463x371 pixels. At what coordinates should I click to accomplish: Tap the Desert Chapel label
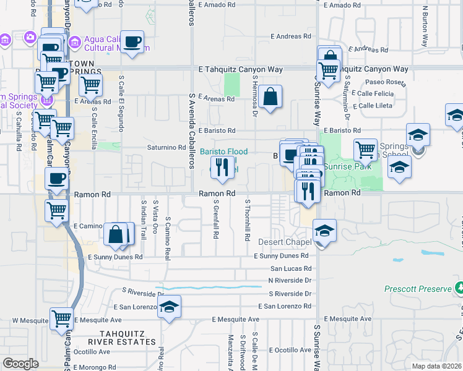[284, 242]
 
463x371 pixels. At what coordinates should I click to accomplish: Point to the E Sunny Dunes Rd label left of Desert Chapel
[281, 256]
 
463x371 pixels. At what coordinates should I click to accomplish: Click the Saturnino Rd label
[166, 148]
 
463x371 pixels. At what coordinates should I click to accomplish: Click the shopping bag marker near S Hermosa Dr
[270, 96]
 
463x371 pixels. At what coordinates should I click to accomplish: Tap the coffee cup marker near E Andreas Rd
[132, 41]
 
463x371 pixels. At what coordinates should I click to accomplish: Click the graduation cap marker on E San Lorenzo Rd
[169, 307]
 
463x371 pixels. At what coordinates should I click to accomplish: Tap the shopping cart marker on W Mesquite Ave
[61, 319]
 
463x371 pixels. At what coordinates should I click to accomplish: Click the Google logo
[20, 364]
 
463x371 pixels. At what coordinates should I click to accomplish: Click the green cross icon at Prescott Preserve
[459, 288]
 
